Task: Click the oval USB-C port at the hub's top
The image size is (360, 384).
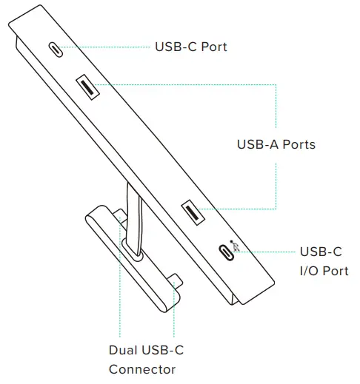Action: point(56,50)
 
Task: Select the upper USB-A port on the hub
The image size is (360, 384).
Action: point(88,87)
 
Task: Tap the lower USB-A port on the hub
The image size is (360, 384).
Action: point(194,214)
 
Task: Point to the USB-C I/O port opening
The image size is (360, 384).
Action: point(224,251)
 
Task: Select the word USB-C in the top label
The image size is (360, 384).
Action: point(173,47)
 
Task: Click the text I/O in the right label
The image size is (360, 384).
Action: point(310,271)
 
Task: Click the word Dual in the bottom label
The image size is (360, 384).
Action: point(123,350)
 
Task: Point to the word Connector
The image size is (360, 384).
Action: point(142,369)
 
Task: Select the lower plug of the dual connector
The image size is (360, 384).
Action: point(174,280)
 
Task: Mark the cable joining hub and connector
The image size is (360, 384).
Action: point(133,215)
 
